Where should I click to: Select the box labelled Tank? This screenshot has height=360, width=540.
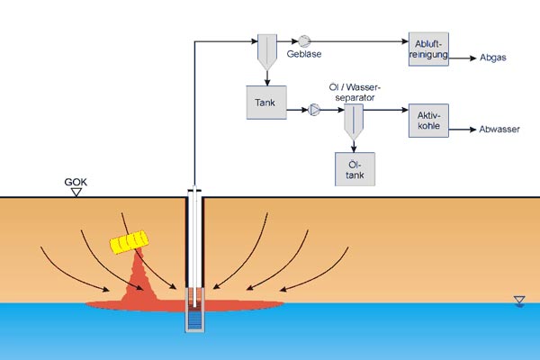265,103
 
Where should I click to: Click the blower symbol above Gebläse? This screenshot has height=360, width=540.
304,40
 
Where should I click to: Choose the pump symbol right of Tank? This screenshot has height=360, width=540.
315,111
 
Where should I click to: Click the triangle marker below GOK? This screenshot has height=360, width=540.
76,192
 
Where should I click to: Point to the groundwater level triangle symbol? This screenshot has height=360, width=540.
517,300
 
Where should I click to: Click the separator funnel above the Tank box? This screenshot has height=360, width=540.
268,52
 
